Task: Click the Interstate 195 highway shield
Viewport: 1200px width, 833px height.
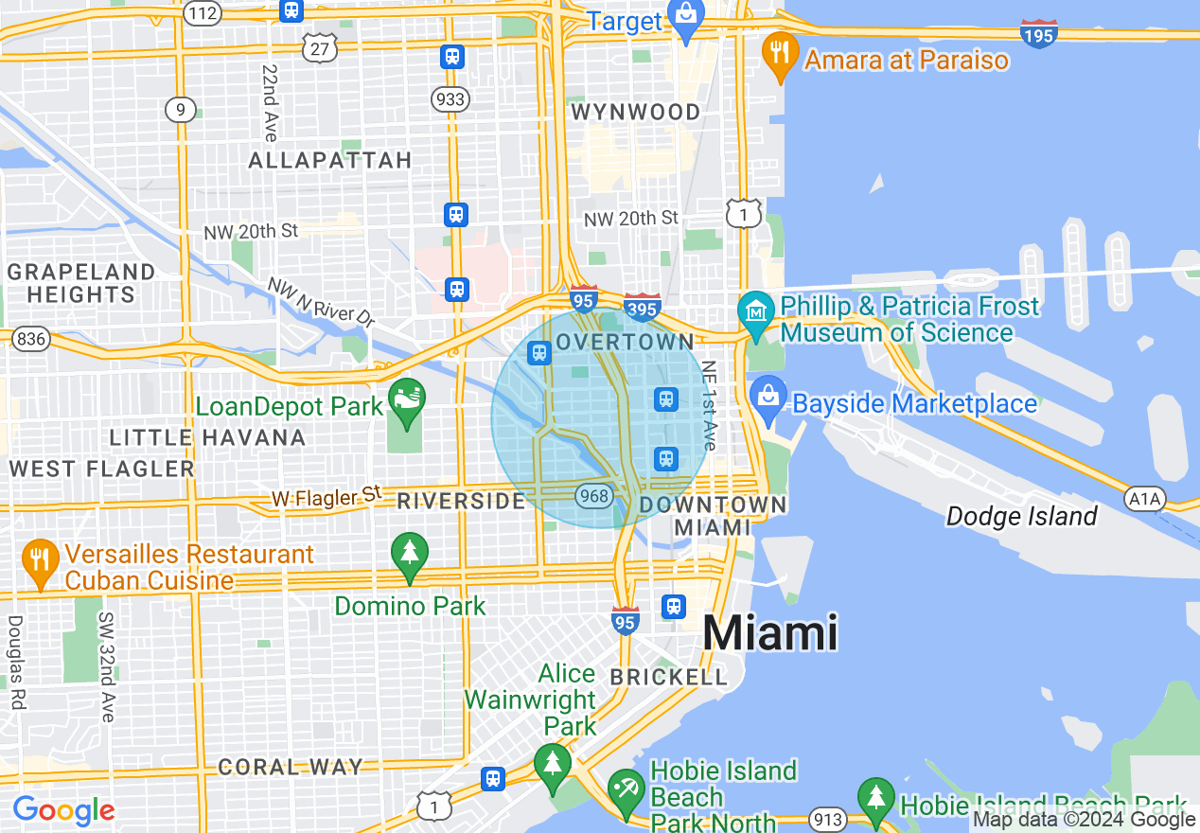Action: pyautogui.click(x=1039, y=34)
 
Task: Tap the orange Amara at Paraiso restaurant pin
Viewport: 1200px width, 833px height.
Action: pyautogui.click(x=780, y=54)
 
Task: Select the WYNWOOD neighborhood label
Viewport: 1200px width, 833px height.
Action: pyautogui.click(x=636, y=113)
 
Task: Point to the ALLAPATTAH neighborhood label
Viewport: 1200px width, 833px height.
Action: pyautogui.click(x=330, y=161)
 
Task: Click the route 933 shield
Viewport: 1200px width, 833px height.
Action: pyautogui.click(x=450, y=97)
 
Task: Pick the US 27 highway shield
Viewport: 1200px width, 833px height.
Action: pyautogui.click(x=320, y=48)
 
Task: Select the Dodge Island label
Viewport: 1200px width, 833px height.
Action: pyautogui.click(x=1022, y=517)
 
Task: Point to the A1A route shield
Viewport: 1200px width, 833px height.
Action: pyautogui.click(x=1144, y=499)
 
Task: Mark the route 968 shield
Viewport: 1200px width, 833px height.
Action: pyautogui.click(x=594, y=495)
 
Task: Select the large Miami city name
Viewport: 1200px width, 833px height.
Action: pyautogui.click(x=770, y=632)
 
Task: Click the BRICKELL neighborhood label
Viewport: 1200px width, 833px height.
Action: pyautogui.click(x=668, y=678)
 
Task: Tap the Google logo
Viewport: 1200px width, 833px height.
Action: pyautogui.click(x=63, y=811)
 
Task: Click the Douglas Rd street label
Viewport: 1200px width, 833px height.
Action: pyautogui.click(x=16, y=663)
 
